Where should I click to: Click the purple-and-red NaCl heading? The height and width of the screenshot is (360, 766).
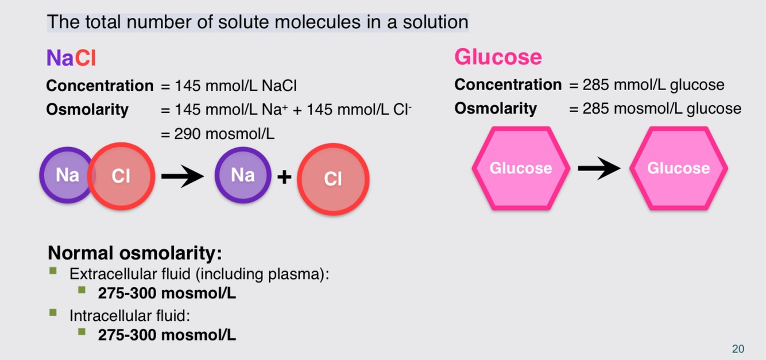(x=71, y=58)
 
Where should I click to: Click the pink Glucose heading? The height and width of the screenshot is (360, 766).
(x=498, y=57)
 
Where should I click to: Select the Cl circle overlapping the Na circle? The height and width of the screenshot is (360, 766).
(x=121, y=176)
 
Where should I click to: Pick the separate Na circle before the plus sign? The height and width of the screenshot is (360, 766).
(x=242, y=175)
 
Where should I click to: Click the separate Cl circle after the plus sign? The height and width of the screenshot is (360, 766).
(x=333, y=179)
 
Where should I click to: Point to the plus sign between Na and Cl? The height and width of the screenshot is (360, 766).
(x=284, y=176)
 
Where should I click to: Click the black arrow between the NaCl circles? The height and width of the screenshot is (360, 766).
(x=182, y=176)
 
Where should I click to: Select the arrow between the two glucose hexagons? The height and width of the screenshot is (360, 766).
(x=598, y=168)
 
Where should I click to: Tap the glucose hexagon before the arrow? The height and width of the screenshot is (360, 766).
(x=521, y=168)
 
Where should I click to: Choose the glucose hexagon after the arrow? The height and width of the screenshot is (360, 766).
(x=678, y=168)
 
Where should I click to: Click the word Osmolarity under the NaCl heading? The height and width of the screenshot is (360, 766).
(x=87, y=110)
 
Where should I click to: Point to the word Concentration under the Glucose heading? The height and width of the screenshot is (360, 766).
(x=508, y=85)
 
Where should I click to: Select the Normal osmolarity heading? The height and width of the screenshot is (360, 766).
(x=134, y=253)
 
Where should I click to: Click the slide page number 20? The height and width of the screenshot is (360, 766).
(x=738, y=349)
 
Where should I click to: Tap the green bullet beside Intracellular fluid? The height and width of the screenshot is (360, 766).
(x=53, y=313)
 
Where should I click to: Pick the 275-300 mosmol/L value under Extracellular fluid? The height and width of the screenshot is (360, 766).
(x=167, y=293)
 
